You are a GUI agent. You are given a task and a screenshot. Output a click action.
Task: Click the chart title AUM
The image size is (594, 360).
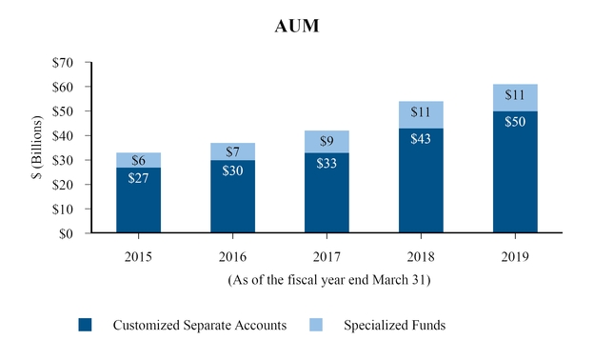297,26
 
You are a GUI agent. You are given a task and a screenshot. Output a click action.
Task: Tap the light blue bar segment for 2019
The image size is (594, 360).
515,97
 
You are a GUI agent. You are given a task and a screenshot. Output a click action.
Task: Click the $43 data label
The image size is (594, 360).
421,138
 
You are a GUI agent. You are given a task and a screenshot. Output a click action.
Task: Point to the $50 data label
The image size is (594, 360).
515,121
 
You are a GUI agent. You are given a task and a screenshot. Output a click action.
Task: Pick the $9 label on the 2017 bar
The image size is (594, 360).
327,142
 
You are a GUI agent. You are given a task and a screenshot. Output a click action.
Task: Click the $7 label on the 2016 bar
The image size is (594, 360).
232,152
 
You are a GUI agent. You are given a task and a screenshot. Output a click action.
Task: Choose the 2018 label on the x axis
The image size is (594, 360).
421,256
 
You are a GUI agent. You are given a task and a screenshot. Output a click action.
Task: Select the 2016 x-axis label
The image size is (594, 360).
232,256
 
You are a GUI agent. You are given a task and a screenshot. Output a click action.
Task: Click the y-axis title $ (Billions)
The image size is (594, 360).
37,148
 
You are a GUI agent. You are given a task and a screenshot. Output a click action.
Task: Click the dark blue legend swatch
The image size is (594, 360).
86,325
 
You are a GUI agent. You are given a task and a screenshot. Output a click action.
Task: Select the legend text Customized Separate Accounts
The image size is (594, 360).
200,326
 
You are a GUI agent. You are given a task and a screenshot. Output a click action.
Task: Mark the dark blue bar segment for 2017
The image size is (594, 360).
327,200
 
